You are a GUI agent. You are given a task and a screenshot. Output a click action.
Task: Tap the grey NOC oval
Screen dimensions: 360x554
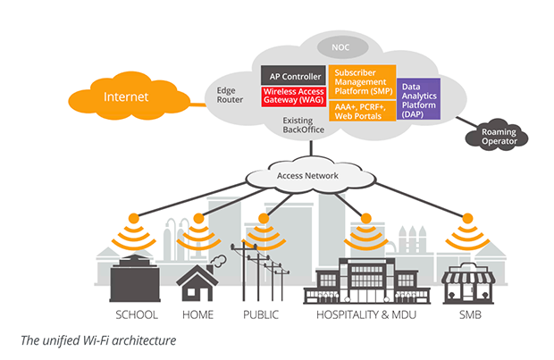click(x=340, y=46)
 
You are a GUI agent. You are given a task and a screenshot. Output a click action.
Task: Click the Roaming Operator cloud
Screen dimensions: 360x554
click(x=498, y=137)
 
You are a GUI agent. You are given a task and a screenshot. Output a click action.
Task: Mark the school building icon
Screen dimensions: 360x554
click(x=134, y=276)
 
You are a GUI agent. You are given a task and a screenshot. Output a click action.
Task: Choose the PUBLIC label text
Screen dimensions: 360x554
click(x=261, y=314)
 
